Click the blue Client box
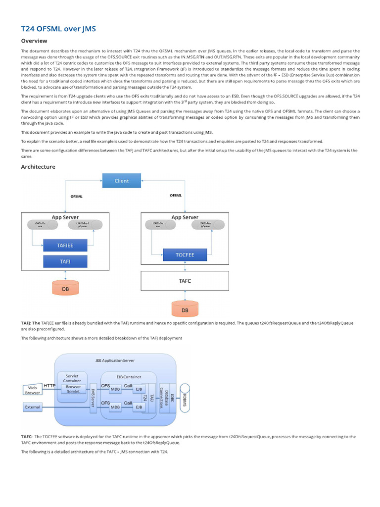click(x=121, y=181)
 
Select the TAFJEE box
click(x=65, y=245)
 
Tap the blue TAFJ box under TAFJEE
click(x=65, y=261)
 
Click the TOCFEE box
click(x=185, y=255)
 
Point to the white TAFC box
click(x=185, y=280)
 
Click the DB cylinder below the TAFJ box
click(x=65, y=288)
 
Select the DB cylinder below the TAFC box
click(x=185, y=309)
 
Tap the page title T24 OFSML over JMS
click(x=58, y=29)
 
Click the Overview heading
click(x=34, y=41)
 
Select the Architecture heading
click(x=38, y=167)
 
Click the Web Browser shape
click(x=32, y=390)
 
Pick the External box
click(x=32, y=407)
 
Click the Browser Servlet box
click(x=73, y=389)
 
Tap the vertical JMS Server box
click(x=93, y=398)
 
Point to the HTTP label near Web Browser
click(x=49, y=385)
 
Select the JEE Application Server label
click(x=115, y=360)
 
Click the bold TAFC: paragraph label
click(x=27, y=437)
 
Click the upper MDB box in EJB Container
click(x=115, y=389)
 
